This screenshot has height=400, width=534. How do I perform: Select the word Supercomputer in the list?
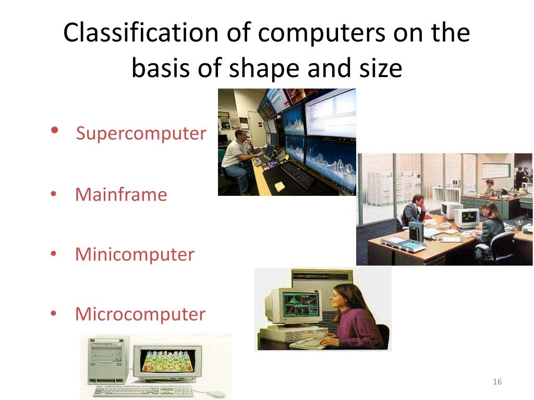(x=141, y=133)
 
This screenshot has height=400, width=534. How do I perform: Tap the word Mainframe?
(x=121, y=195)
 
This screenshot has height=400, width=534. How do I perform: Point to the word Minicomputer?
(x=135, y=255)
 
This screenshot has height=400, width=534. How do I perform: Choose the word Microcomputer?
(x=140, y=315)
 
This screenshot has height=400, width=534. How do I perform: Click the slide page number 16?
(x=497, y=382)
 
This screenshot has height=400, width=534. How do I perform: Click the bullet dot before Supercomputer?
(x=55, y=131)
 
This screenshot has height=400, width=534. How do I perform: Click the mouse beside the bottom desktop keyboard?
(x=214, y=394)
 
